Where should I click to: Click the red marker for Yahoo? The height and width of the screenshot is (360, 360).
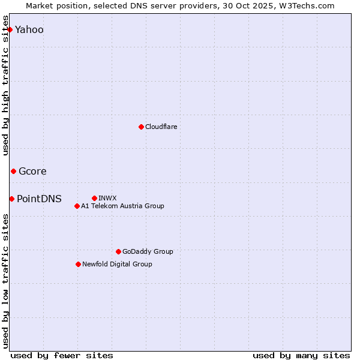[10, 29]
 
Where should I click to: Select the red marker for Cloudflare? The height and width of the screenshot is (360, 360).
[141, 127]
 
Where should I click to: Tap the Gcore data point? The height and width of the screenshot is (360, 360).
[13, 172]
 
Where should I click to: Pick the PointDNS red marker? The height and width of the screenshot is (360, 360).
[11, 199]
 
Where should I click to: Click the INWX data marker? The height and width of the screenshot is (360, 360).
[94, 198]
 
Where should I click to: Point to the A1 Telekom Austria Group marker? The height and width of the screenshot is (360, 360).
[77, 206]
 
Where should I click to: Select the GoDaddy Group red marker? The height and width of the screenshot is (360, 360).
[118, 251]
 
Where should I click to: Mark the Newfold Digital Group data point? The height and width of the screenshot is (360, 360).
[78, 264]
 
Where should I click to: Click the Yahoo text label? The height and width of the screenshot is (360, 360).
[29, 30]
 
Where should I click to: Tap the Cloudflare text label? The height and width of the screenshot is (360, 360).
[161, 127]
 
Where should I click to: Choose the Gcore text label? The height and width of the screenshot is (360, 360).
[32, 172]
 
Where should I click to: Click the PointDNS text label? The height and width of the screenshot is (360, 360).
[39, 199]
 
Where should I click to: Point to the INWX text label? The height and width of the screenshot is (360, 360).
[107, 198]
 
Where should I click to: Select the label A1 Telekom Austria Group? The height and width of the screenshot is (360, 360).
[122, 206]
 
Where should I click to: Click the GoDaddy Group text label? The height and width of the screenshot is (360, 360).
[148, 252]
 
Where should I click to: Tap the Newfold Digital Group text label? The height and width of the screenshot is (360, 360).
[117, 264]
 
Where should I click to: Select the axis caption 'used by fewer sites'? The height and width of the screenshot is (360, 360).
[62, 355]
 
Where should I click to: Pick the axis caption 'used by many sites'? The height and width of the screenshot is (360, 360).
[301, 355]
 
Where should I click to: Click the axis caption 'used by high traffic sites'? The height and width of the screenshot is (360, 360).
[6, 85]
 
